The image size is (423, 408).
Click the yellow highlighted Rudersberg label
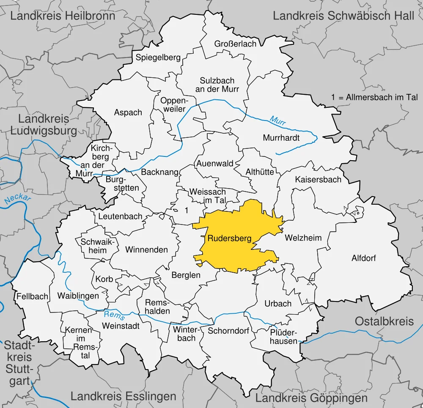pos(229,238)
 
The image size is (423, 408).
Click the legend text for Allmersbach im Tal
pos(375,97)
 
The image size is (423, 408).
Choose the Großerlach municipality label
pos(235,44)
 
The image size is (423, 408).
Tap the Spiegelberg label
pos(158,58)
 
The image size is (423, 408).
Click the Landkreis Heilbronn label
pos(63,16)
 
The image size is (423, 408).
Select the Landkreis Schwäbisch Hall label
pos(343,16)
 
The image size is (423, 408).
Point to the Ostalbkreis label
pos(384,321)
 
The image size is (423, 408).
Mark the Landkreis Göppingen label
pos(311,398)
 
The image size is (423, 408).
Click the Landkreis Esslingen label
pos(123,396)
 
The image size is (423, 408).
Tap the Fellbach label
pos(33,296)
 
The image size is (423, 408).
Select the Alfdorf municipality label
pos(363,258)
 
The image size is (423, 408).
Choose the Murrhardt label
pos(281,138)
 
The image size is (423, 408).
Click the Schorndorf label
pos(228,331)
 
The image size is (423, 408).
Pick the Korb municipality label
pos(104,279)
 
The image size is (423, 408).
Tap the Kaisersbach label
pos(318,179)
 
